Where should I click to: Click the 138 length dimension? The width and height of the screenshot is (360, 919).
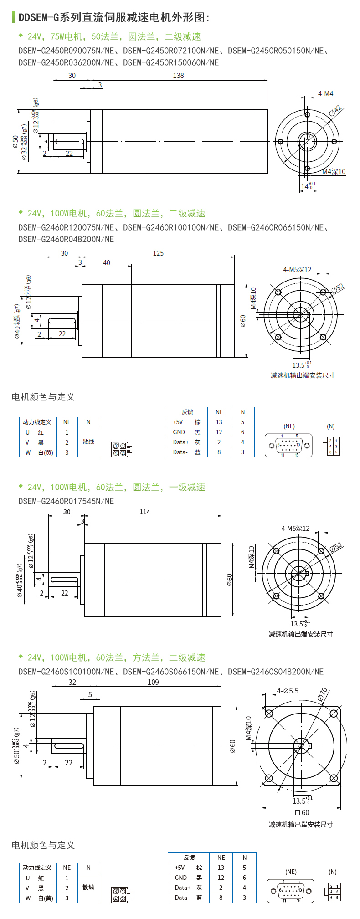178,76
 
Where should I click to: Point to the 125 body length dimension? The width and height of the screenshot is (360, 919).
158,253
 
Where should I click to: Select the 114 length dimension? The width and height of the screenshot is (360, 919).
145,512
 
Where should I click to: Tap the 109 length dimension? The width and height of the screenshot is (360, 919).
153,682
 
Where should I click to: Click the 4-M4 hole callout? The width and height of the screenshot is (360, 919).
325,94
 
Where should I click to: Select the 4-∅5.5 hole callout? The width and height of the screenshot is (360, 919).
288,691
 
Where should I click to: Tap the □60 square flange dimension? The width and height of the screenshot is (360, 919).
302,812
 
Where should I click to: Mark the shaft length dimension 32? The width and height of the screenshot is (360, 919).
72,682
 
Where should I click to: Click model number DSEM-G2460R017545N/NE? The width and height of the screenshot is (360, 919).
66,501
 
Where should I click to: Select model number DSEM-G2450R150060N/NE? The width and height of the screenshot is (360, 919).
171,62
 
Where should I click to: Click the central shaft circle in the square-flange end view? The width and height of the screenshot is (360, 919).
300,745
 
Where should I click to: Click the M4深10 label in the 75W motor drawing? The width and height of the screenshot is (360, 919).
334,172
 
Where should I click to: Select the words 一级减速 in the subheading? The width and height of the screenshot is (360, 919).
187,487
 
